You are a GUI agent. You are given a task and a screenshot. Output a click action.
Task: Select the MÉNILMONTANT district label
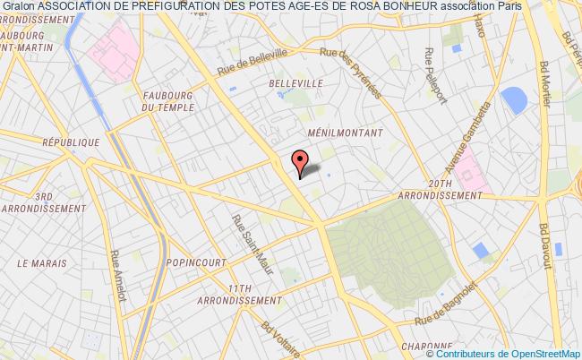(344, 132)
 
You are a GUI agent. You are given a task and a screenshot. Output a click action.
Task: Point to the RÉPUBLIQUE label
(71, 142)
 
